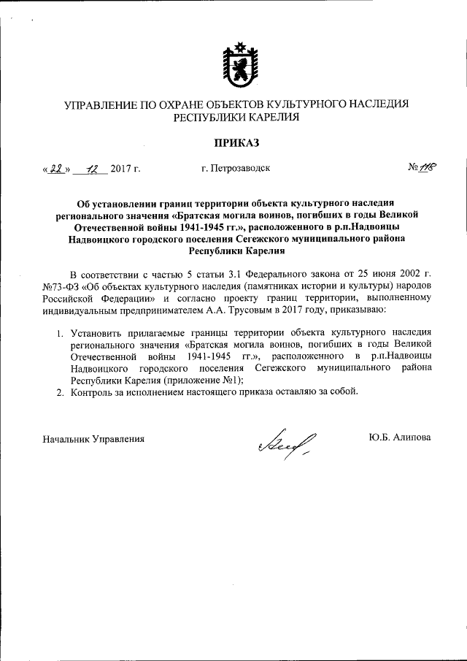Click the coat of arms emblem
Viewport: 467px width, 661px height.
click(x=236, y=64)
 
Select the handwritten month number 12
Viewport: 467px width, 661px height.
click(x=91, y=168)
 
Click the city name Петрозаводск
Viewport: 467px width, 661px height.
click(x=236, y=169)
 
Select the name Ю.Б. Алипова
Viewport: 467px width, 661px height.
click(x=401, y=438)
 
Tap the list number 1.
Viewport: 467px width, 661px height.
click(x=62, y=333)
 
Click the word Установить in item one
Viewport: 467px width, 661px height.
click(x=96, y=333)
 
